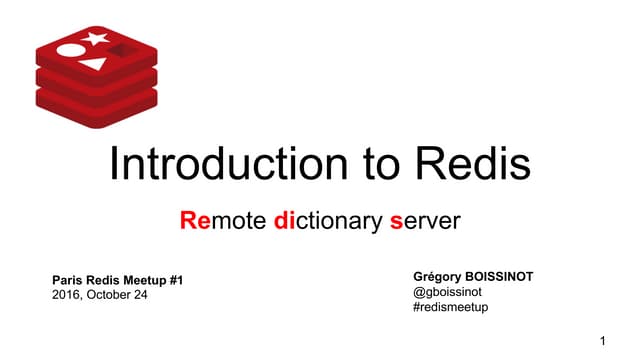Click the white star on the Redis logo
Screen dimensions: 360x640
click(97, 40)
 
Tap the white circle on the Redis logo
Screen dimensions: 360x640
click(70, 49)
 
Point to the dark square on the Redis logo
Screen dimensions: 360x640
click(122, 50)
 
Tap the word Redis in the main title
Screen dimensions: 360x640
click(472, 164)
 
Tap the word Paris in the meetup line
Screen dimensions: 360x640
click(67, 279)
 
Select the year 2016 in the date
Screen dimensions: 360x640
click(66, 295)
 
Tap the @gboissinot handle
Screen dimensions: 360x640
click(446, 292)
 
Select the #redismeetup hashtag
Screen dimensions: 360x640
click(450, 308)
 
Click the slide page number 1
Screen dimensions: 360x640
click(603, 343)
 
